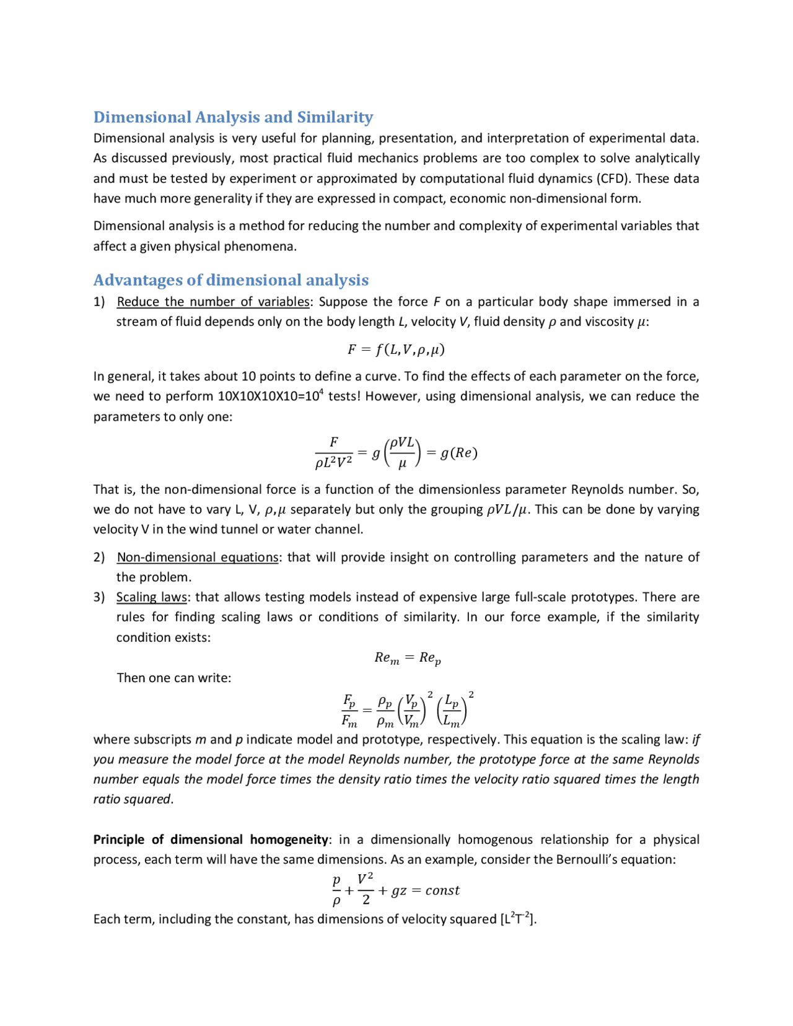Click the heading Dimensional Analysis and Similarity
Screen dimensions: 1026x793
233,117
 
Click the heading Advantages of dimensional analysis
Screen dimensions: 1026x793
230,280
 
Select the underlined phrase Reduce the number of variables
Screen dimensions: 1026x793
212,302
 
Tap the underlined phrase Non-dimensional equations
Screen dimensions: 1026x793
197,557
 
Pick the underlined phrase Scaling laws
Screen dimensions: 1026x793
151,597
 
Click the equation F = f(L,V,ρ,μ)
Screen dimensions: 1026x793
396,349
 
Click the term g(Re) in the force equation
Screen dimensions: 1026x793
458,453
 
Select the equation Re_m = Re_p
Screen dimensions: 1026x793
407,658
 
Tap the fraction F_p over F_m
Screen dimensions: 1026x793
349,711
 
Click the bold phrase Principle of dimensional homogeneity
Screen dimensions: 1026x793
211,840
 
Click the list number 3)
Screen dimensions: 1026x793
99,597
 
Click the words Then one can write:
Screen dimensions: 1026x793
173,678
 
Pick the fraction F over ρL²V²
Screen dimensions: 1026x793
333,452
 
